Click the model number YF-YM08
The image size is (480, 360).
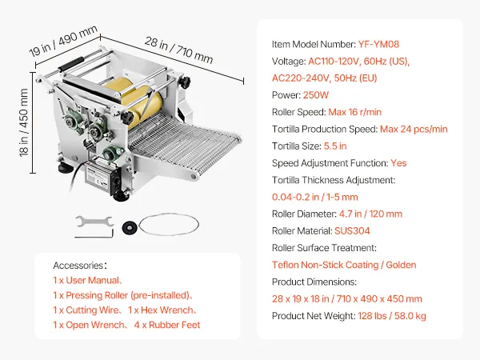(x=378, y=44)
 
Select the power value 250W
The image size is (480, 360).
(x=316, y=95)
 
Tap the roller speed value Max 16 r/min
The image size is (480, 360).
(x=354, y=112)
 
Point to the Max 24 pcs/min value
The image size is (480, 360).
(x=414, y=129)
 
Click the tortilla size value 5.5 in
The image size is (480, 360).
(x=335, y=146)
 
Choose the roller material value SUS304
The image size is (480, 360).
(x=352, y=231)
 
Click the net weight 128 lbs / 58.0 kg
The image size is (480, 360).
(x=392, y=316)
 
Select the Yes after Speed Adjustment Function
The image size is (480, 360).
(x=398, y=163)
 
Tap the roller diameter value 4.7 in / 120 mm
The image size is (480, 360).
(x=370, y=214)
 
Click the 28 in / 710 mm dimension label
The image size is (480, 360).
(x=178, y=50)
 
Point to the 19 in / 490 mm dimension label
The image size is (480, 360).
(x=63, y=41)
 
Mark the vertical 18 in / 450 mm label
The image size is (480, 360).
(x=23, y=122)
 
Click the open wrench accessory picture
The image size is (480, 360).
(x=94, y=222)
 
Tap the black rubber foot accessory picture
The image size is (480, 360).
(x=130, y=228)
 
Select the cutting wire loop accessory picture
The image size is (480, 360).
(x=169, y=224)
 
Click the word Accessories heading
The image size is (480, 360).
(x=78, y=266)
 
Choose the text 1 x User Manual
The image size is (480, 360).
(x=86, y=281)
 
